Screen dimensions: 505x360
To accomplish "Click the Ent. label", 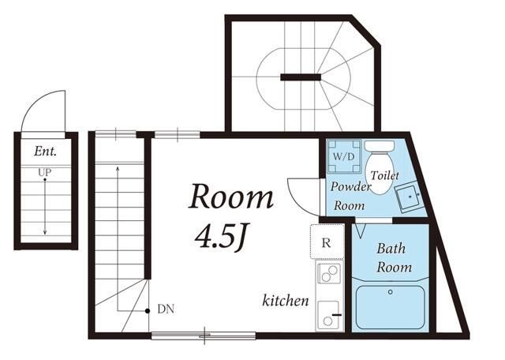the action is (x=46, y=151).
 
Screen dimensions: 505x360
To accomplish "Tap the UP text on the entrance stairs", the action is (x=45, y=173).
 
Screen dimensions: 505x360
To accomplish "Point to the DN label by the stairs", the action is (x=166, y=309).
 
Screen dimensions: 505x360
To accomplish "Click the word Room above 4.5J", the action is (x=231, y=197).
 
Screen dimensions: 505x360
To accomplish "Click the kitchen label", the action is (x=286, y=300).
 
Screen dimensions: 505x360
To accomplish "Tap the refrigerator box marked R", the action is (x=327, y=242).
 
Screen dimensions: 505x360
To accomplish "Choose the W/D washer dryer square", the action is (x=344, y=156).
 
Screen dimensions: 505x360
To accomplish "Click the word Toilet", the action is (x=384, y=175).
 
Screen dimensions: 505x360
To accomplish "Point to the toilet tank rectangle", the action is (x=380, y=146).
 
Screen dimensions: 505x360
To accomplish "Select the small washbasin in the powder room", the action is (x=408, y=197).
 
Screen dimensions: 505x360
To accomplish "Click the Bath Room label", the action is (x=394, y=258).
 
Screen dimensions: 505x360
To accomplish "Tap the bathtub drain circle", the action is (x=391, y=292).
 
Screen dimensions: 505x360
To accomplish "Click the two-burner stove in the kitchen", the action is (x=329, y=274).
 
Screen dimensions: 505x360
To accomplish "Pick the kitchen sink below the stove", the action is (x=328, y=315).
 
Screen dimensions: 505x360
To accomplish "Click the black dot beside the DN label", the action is (x=148, y=311).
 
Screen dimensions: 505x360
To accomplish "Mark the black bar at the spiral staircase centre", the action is (x=301, y=77).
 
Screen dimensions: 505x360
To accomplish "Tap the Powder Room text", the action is (x=350, y=196).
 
